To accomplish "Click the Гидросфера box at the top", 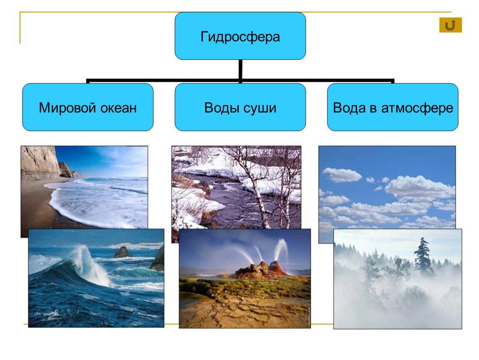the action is tap(240, 36).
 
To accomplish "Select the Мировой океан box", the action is tap(87, 107).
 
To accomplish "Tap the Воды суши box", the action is tap(240, 107).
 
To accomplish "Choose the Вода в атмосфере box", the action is tap(392, 107).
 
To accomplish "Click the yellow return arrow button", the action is tap(451, 25).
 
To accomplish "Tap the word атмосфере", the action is tap(417, 108).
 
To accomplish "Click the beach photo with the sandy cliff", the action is tap(84, 187).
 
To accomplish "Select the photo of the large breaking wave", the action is tap(96, 278).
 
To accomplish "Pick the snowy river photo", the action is tap(236, 187).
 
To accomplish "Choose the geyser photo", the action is tap(244, 278).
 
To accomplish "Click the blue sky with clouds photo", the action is tap(387, 187).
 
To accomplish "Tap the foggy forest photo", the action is tap(397, 279).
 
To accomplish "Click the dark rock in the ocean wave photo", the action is tap(123, 252).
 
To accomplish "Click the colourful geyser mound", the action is tap(261, 270).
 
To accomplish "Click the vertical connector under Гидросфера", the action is tap(240, 70).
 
